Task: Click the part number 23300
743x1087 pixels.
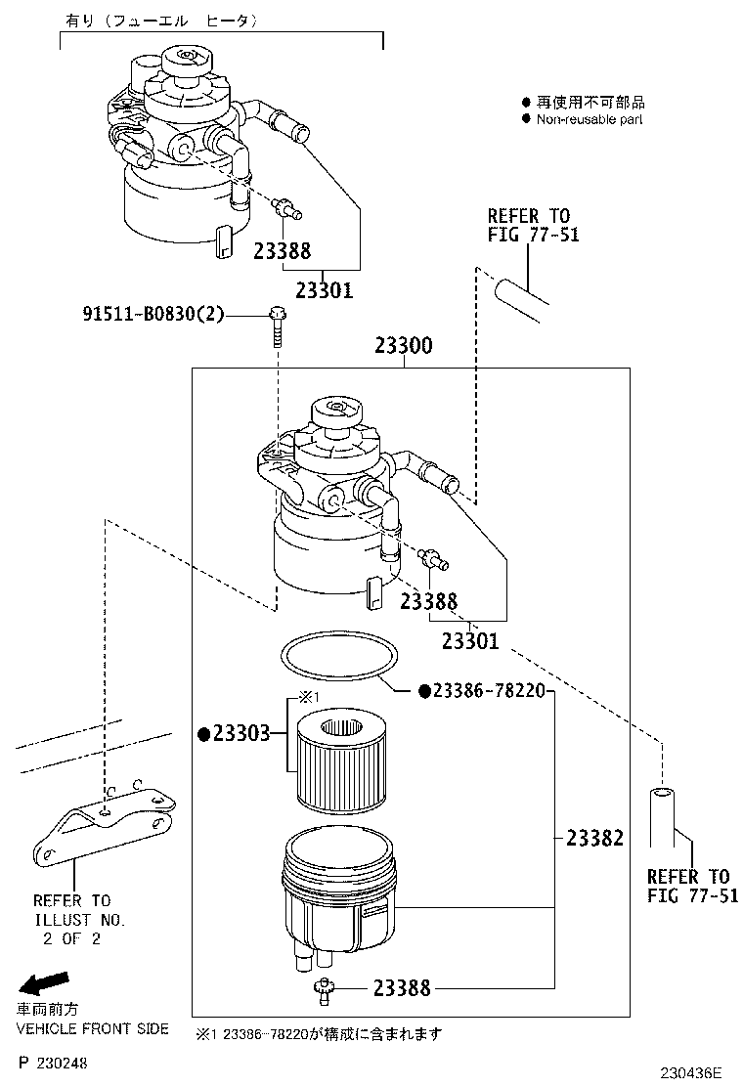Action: click(404, 347)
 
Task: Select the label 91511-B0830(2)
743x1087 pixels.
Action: click(153, 314)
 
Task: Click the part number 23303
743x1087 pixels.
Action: click(240, 734)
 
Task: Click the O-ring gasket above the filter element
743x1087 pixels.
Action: click(337, 655)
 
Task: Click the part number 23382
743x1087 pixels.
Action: click(593, 838)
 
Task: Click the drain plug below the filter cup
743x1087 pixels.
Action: click(322, 989)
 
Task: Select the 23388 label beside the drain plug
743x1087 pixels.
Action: click(401, 988)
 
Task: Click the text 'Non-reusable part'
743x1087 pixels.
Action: click(590, 119)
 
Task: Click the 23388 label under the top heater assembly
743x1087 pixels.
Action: click(282, 251)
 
